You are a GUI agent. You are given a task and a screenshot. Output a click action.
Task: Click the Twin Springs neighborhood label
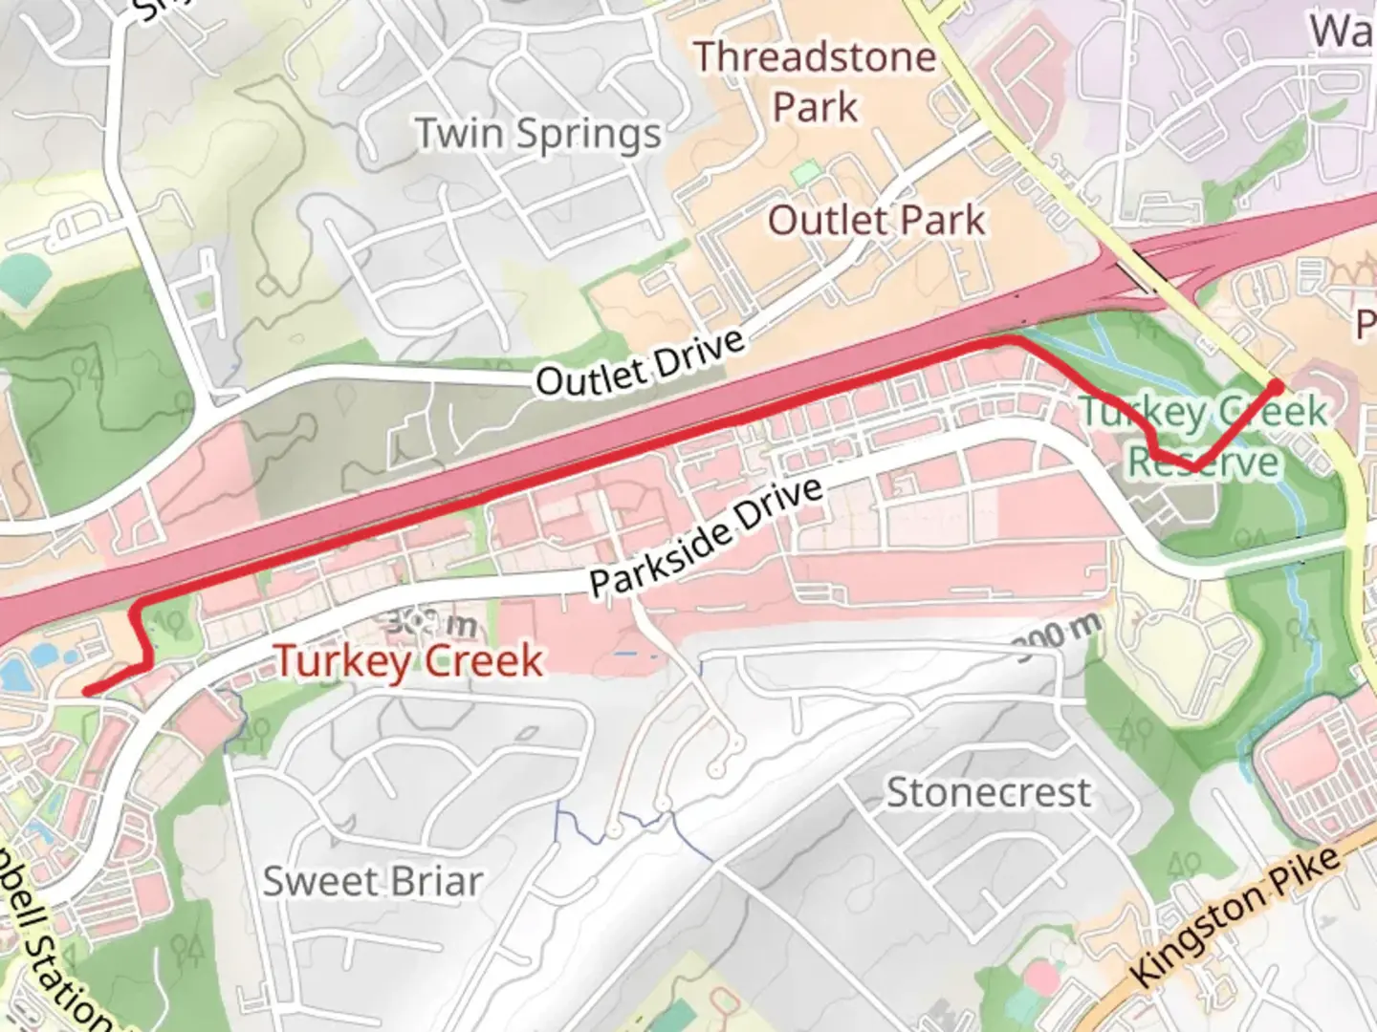click(538, 135)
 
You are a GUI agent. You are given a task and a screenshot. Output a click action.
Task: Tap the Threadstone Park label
click(815, 81)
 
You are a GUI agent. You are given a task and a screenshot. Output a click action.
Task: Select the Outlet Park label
click(876, 221)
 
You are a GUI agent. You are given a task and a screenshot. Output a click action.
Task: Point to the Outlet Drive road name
click(640, 363)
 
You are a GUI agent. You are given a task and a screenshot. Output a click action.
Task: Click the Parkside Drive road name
click(706, 535)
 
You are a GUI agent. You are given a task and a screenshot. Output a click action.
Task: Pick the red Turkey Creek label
click(409, 661)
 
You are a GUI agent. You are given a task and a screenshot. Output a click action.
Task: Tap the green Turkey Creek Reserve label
click(1203, 438)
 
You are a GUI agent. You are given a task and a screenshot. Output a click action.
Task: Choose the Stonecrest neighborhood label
click(988, 793)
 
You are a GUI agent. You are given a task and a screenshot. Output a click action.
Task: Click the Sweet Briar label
click(373, 881)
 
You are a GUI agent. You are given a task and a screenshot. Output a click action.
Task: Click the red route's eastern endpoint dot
click(1276, 386)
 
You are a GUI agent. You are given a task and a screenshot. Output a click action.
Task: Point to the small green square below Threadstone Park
click(806, 174)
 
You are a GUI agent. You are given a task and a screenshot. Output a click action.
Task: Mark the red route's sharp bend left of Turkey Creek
click(142, 610)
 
